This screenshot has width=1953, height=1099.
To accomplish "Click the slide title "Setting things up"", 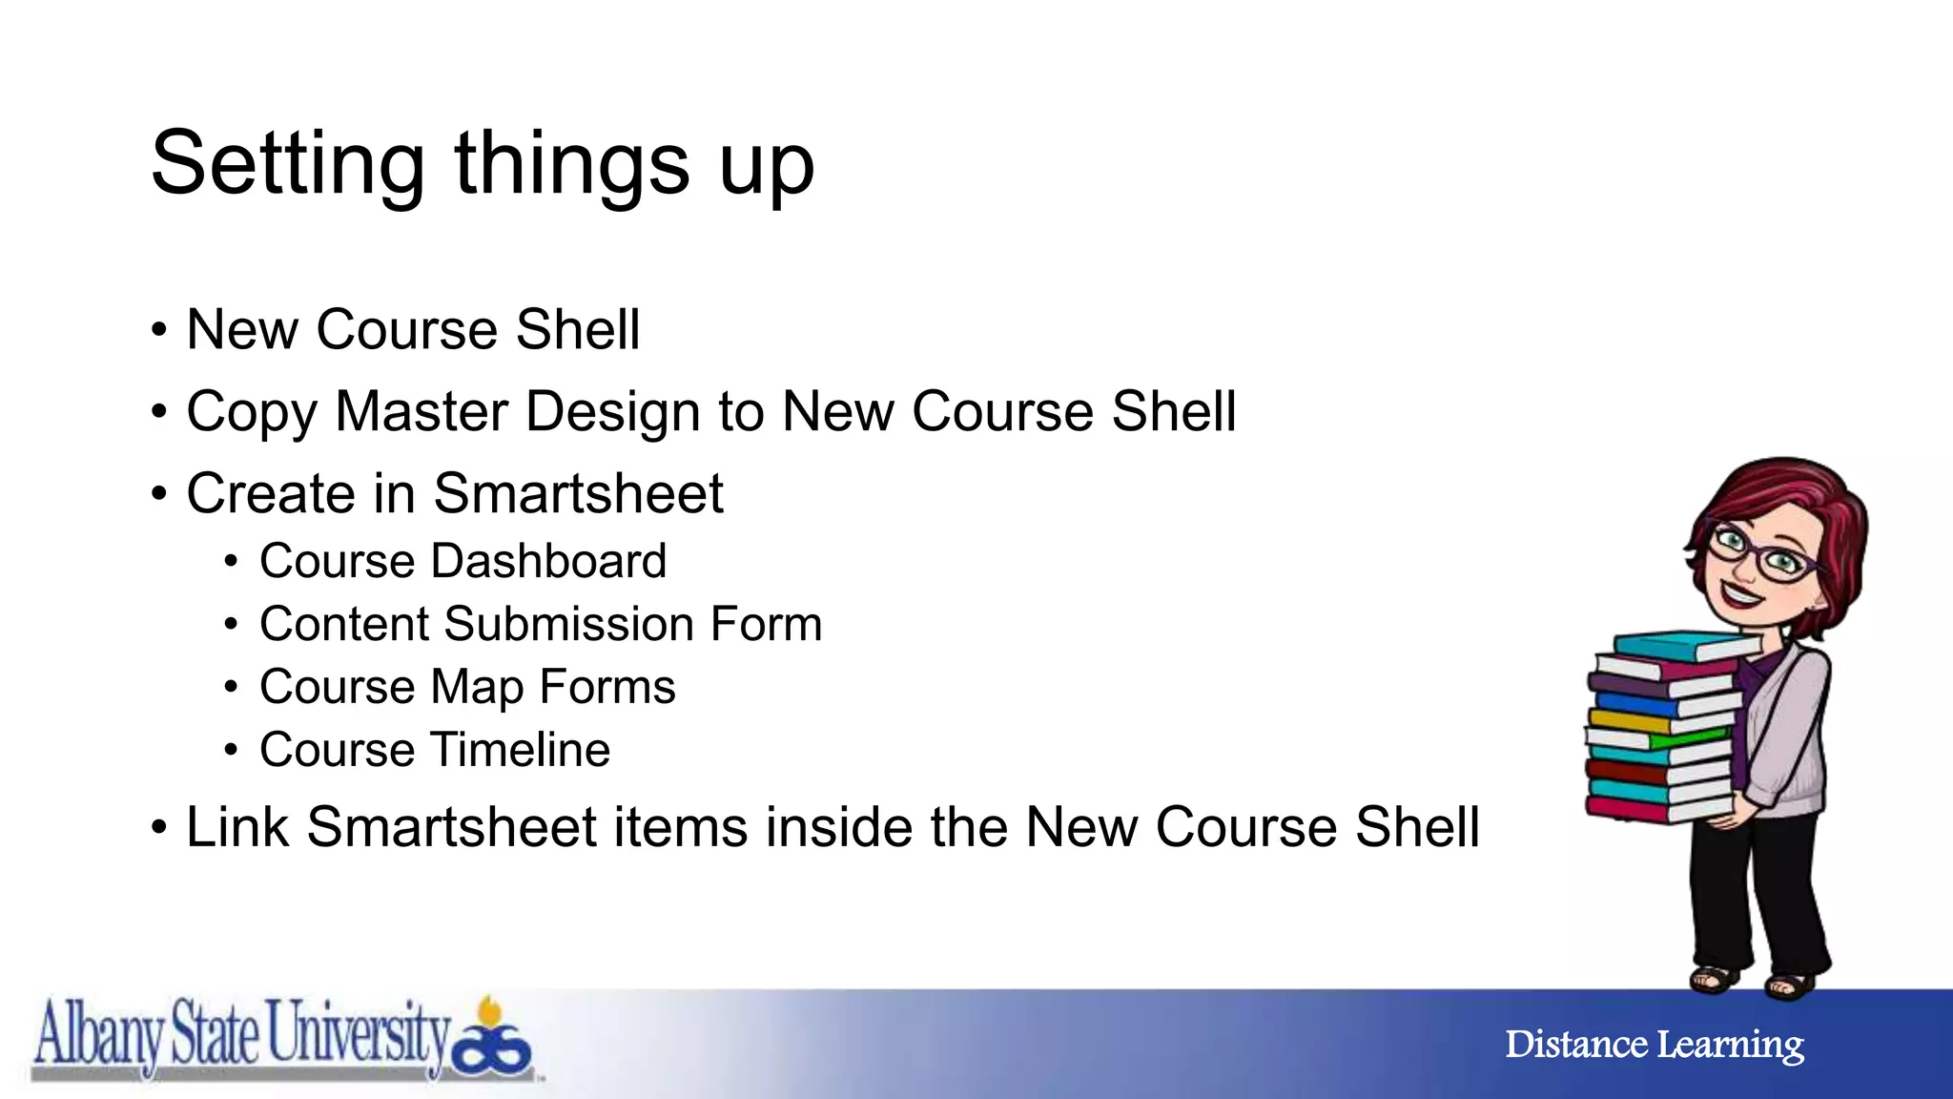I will pos(483,164).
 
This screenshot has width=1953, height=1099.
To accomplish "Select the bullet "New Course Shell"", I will pos(412,330).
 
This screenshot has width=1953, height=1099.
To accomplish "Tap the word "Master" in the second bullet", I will pos(421,412).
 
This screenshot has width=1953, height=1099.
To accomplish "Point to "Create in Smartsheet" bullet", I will pos(454,494).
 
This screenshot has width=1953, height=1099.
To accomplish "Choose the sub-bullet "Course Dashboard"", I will pos(463,561).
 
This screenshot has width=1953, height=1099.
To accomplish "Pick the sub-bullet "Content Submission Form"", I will pos(540,624).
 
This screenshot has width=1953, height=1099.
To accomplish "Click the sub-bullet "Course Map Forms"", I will pos(467,687).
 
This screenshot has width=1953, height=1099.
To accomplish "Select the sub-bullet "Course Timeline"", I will pos(435,750).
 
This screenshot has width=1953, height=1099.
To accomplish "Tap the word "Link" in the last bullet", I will pos(236,827).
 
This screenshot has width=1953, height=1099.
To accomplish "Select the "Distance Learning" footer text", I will pos(1655,1045).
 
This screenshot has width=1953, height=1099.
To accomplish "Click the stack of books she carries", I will pos(1664,730).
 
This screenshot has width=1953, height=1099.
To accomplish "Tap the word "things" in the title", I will pos(572,164).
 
